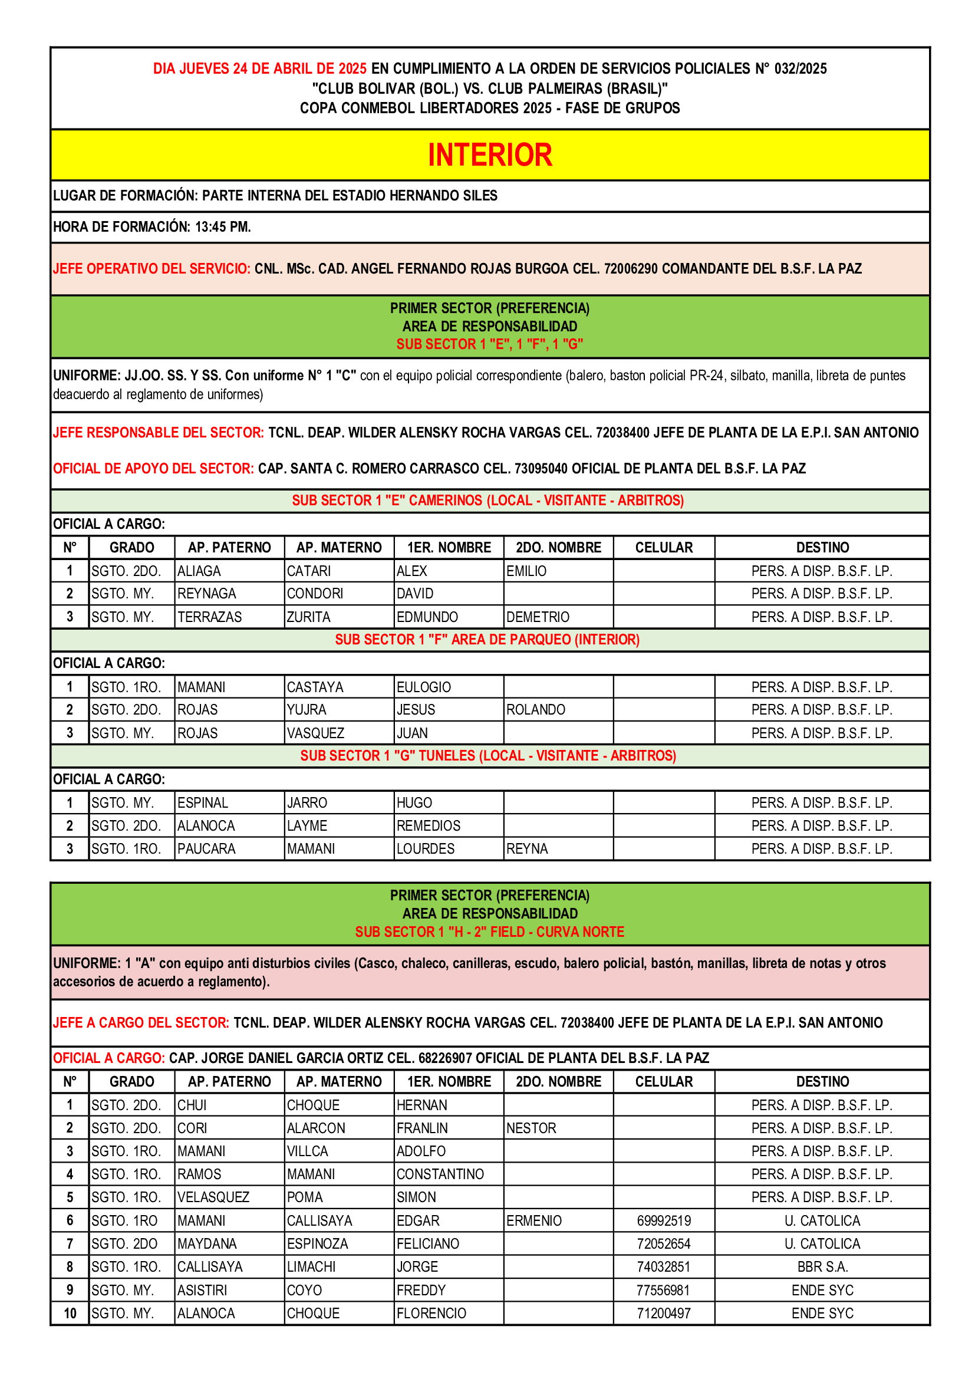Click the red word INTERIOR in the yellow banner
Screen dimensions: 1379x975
pos(489,155)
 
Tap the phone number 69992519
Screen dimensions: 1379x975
pos(663,1220)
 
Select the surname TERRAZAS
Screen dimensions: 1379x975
pos(209,617)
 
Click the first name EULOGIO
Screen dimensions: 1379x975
pos(423,687)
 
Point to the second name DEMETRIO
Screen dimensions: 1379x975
pos(538,617)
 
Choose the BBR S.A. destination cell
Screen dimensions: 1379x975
pos(822,1266)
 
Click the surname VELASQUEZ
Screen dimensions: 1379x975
pos(213,1197)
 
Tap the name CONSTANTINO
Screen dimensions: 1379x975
pos(440,1174)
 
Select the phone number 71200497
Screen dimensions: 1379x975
pos(663,1314)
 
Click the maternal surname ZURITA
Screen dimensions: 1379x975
pos(308,617)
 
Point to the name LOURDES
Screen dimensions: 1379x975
pos(425,848)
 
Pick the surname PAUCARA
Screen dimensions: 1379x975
pos(206,848)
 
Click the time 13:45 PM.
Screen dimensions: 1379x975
pos(223,227)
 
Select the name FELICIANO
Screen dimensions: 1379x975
pos(427,1243)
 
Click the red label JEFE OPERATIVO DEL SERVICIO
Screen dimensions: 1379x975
pos(151,268)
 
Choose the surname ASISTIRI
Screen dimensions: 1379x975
pos(202,1290)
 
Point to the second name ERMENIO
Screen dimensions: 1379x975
pos(533,1220)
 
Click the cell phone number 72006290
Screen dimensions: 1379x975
pos(629,268)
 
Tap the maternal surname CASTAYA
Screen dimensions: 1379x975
pos(315,687)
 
